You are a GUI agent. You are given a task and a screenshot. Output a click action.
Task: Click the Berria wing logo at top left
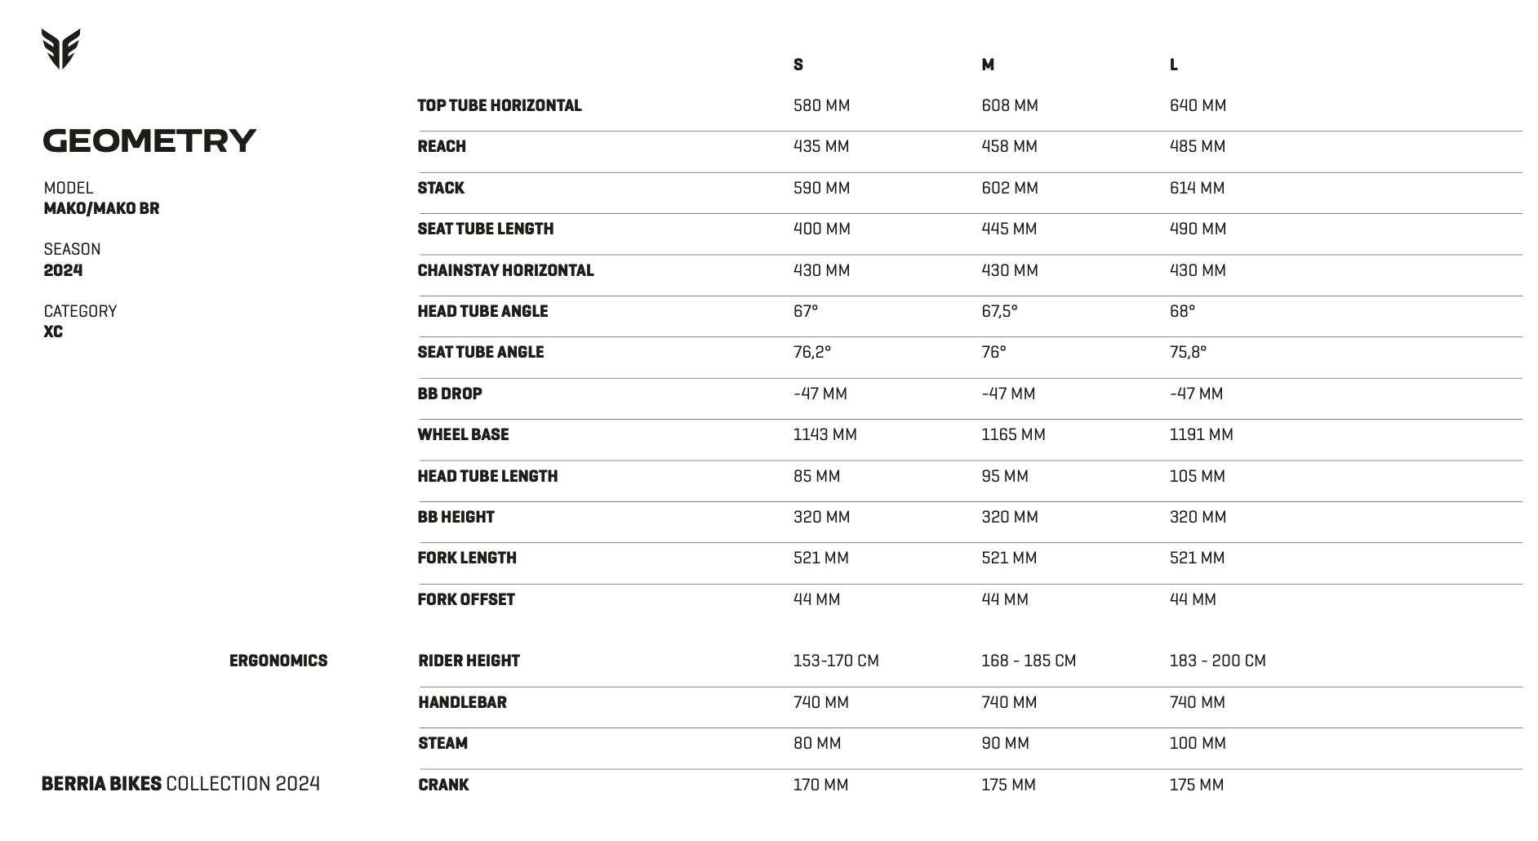60,49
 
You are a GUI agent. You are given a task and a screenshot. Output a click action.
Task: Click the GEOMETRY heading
149,140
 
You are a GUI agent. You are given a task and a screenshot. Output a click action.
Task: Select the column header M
988,65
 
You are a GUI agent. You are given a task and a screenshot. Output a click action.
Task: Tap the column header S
798,65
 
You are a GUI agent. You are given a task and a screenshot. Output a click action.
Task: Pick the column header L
1173,65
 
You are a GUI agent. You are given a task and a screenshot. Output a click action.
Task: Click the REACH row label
442,147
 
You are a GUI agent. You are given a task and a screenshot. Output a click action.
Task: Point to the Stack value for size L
1197,188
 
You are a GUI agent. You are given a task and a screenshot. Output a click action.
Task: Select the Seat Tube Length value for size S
821,229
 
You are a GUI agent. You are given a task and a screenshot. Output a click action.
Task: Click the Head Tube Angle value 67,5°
999,311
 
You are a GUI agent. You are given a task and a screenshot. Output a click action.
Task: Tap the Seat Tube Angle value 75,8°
1188,352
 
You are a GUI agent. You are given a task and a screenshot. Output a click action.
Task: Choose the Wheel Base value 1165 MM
1013,434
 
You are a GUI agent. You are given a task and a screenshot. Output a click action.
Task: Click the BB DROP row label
450,394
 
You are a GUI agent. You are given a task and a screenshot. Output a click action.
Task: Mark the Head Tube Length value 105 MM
1197,476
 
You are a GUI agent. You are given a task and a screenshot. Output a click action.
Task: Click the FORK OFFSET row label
466,599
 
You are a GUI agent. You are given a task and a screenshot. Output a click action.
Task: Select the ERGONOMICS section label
278,661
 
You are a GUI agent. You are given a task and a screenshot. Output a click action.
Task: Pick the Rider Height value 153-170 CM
836,661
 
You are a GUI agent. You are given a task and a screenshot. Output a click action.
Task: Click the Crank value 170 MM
820,785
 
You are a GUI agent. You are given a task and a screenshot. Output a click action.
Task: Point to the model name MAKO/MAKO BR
101,208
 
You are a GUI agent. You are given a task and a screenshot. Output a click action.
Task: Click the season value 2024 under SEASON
63,270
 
